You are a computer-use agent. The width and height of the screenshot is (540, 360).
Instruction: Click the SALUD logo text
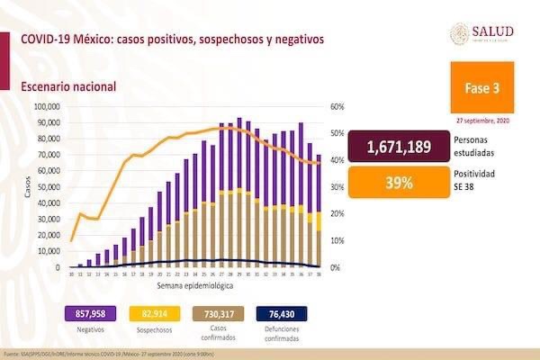[x=492, y=31]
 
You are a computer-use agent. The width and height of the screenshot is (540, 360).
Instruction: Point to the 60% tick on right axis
[x=338, y=106]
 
